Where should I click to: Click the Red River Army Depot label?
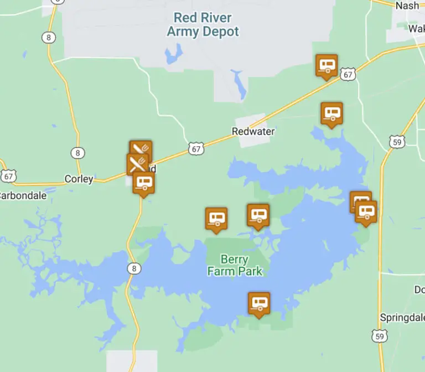pyautogui.click(x=203, y=24)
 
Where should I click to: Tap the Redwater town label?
pyautogui.click(x=253, y=132)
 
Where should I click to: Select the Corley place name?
pyautogui.click(x=79, y=179)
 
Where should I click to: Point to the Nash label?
pyautogui.click(x=407, y=6)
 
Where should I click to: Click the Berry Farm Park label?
pyautogui.click(x=235, y=265)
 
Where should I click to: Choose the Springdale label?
pyautogui.click(x=402, y=318)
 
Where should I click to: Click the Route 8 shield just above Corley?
pyautogui.click(x=77, y=153)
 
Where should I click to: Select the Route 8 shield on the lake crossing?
pyautogui.click(x=133, y=268)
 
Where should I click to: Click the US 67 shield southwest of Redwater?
pyautogui.click(x=196, y=148)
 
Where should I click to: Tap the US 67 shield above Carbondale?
pyautogui.click(x=8, y=176)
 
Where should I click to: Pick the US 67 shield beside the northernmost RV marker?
pyautogui.click(x=348, y=74)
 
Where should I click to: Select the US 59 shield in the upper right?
pyautogui.click(x=396, y=142)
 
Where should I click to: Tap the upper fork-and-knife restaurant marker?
pyautogui.click(x=141, y=149)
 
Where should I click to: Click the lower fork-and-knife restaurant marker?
pyautogui.click(x=137, y=163)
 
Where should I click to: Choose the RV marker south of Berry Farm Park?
pyautogui.click(x=259, y=303)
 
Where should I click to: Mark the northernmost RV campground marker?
pyautogui.click(x=326, y=65)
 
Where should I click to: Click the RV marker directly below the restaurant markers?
pyautogui.click(x=144, y=182)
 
